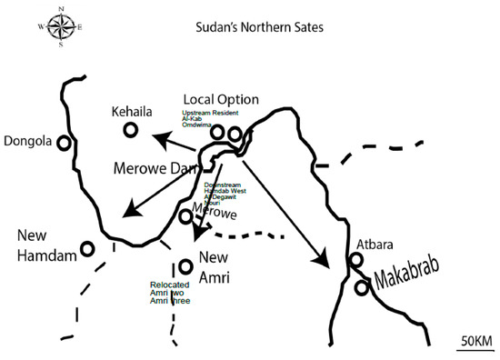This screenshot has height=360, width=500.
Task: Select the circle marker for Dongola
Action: click(64, 143)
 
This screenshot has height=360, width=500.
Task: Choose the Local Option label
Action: click(221, 98)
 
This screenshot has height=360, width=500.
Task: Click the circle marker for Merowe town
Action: click(185, 216)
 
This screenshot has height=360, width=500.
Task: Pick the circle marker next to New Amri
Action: click(185, 265)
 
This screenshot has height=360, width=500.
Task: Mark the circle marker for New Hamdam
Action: click(88, 248)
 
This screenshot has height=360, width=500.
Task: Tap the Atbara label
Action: click(378, 244)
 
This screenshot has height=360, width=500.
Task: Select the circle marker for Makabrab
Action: click(363, 287)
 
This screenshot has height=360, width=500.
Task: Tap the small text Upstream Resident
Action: click(210, 113)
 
